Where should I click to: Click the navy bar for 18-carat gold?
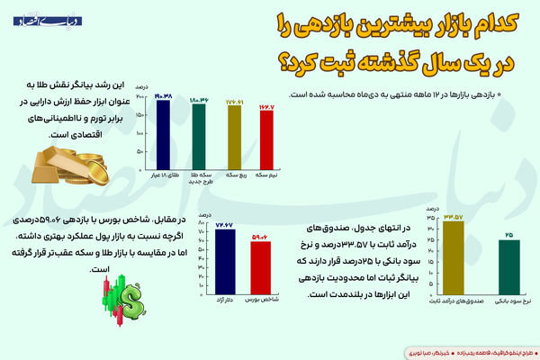pos(163,134)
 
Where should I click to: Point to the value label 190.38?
pos(163,94)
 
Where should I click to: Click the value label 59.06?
pos(260,237)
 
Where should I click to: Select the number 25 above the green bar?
pos(508,234)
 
